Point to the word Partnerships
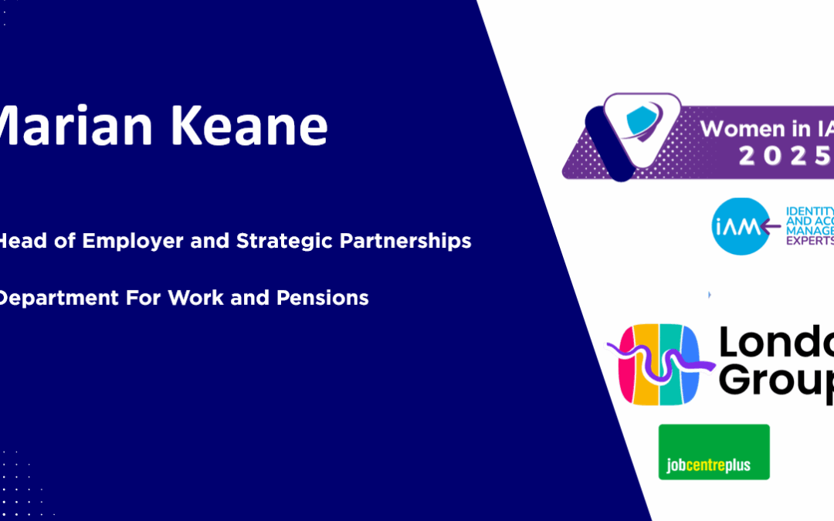tap(405, 241)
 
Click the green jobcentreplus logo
tap(714, 452)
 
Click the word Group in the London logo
tap(776, 381)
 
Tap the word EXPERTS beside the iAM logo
tap(809, 240)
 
